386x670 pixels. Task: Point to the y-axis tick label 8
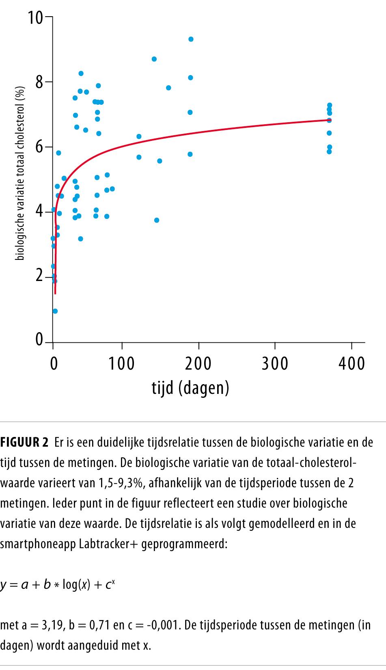point(39,82)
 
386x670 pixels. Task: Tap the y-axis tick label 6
point(39,147)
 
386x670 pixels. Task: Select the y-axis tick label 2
point(39,276)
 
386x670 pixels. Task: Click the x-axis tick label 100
point(122,363)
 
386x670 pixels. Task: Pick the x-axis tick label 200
point(198,363)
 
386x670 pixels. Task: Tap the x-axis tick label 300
point(275,363)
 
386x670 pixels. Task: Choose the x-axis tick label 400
point(351,363)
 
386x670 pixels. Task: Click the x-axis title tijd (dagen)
point(190,388)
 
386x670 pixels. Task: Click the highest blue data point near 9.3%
point(191,39)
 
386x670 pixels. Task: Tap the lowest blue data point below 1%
point(55,311)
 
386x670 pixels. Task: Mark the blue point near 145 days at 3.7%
point(157,220)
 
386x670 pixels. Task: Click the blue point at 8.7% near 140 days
point(154,59)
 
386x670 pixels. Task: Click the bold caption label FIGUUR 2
point(24,442)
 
